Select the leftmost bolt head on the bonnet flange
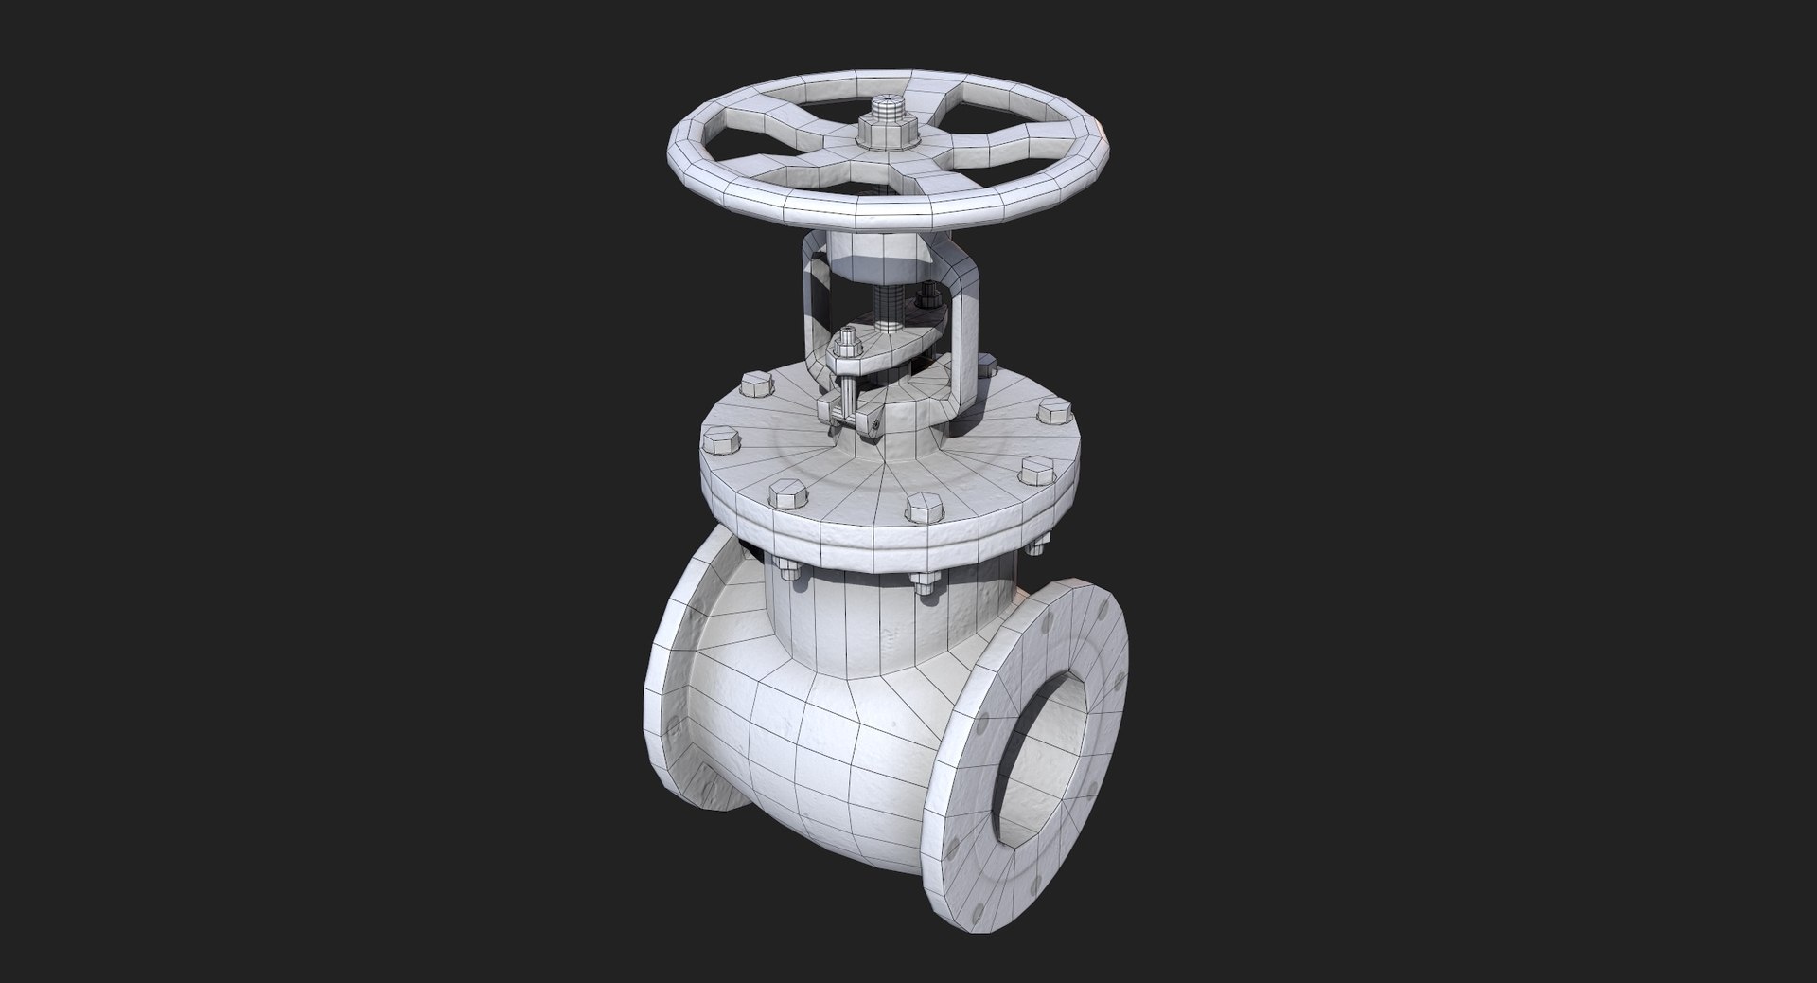pyautogui.click(x=716, y=441)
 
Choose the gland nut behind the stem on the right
pyautogui.click(x=926, y=301)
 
